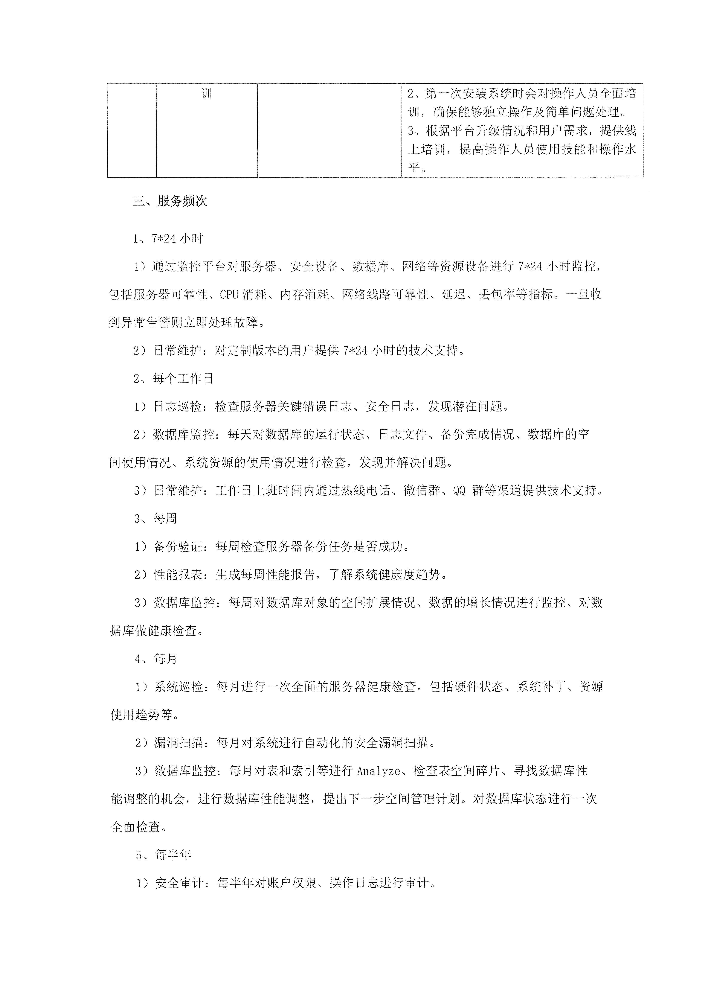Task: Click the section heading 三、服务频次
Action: tap(170, 201)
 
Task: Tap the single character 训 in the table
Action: tap(207, 94)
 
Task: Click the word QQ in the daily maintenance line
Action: tap(459, 491)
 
